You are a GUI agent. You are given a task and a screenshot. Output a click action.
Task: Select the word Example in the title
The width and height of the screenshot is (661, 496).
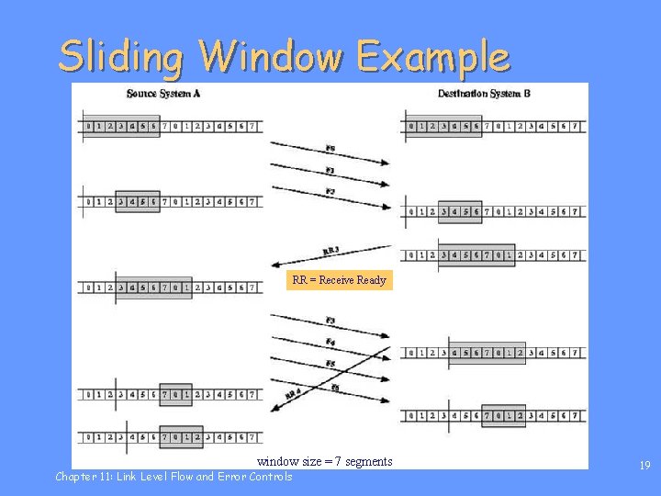coord(431,57)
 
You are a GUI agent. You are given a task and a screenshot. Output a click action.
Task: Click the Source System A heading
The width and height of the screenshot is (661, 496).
coord(163,94)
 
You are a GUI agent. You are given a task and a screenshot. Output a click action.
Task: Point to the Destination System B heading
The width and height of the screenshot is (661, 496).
coord(484,94)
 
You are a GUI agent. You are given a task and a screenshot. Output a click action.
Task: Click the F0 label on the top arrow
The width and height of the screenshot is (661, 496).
coord(330,148)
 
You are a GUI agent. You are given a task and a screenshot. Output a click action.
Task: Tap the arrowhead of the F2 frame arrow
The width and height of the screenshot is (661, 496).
coord(387,206)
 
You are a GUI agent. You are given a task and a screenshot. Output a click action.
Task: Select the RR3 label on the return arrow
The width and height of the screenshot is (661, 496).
coord(330,250)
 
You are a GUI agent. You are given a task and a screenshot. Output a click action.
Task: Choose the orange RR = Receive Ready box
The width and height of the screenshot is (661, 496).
coord(340,280)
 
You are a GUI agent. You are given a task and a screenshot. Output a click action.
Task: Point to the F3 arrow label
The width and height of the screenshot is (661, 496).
coord(330,320)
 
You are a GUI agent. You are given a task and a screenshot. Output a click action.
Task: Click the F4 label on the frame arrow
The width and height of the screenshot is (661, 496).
coord(330,343)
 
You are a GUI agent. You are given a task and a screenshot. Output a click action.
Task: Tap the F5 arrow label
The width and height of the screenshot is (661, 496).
coord(330,365)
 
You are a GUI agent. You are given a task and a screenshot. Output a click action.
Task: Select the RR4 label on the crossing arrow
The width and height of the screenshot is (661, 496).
coord(292,394)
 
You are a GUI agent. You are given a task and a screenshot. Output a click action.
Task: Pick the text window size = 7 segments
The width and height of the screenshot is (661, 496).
coord(324,461)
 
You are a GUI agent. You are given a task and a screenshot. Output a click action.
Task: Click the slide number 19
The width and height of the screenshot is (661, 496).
coord(644,467)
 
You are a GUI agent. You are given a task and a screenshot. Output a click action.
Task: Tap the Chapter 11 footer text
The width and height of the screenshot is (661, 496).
coord(174,477)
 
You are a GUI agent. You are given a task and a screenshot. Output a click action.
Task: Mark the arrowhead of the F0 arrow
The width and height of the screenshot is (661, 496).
coord(387,163)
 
